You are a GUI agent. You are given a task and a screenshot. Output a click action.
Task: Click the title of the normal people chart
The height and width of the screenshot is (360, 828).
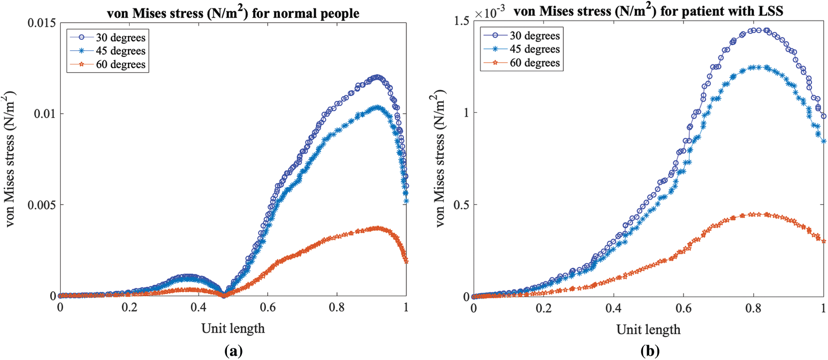[x=233, y=13]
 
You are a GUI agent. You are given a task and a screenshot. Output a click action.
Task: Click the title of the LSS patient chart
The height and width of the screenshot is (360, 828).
[x=648, y=11]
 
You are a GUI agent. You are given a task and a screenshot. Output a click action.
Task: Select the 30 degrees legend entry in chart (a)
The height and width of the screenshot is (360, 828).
[x=120, y=38]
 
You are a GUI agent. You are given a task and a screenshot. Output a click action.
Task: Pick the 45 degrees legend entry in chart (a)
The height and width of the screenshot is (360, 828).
[x=120, y=51]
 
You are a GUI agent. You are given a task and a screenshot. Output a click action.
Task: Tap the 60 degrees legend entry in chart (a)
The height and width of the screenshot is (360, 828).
[x=120, y=65]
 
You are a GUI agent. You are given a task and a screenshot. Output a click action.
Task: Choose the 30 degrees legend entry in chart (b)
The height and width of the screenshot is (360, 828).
[x=534, y=36]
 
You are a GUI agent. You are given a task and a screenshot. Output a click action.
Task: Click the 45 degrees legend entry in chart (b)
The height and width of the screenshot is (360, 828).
[x=534, y=49]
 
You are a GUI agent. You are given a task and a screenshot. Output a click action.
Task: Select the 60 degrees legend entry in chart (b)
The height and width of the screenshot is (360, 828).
[x=534, y=63]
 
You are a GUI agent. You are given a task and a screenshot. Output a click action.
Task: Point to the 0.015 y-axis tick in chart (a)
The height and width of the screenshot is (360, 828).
[x=42, y=23]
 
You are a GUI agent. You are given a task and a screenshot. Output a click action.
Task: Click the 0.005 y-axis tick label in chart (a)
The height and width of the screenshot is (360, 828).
[x=42, y=205]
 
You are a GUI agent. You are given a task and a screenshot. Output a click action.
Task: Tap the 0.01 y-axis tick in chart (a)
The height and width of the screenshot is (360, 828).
[x=45, y=114]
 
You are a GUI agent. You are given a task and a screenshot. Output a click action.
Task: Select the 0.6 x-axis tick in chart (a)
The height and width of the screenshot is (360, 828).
[x=267, y=308]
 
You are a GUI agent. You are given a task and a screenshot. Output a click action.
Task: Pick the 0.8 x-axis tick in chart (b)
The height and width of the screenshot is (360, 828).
[x=753, y=309]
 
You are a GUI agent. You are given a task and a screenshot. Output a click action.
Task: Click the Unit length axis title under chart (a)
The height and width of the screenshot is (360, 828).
[x=233, y=328]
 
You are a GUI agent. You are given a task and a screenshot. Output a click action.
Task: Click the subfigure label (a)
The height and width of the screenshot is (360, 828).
[x=233, y=351]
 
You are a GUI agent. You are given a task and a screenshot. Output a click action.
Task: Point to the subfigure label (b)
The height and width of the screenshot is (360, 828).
[x=649, y=351]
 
